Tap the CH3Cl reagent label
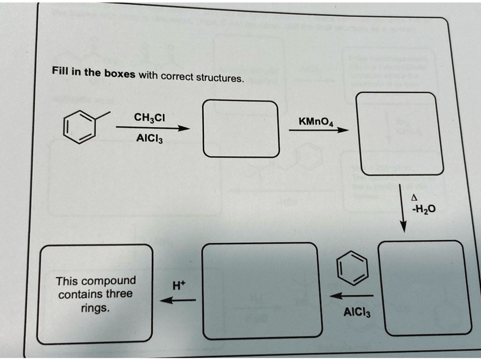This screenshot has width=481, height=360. (x=149, y=117)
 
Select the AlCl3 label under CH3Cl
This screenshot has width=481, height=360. (x=149, y=138)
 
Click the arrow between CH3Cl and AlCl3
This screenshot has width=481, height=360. (x=153, y=128)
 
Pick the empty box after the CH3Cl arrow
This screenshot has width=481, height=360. (x=240, y=129)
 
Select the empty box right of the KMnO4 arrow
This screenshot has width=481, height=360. (x=399, y=133)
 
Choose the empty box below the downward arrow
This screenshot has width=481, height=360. (x=424, y=287)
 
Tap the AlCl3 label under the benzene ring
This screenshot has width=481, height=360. (x=357, y=312)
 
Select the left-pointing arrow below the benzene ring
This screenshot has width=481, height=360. (x=352, y=296)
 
